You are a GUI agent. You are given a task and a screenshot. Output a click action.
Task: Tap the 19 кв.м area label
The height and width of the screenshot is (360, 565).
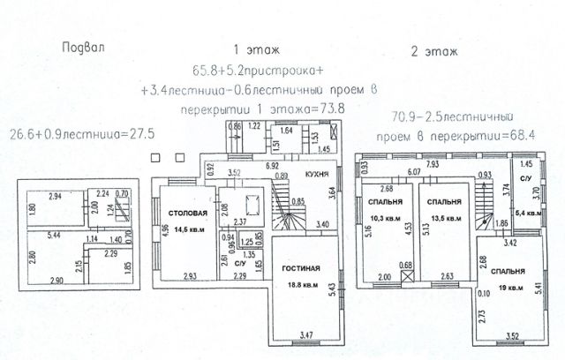[x=506, y=286]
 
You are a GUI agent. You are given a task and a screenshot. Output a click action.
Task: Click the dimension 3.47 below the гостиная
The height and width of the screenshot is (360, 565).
[x=305, y=335]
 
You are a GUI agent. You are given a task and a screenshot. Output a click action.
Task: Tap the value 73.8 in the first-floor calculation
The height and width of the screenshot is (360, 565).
[x=331, y=108]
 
